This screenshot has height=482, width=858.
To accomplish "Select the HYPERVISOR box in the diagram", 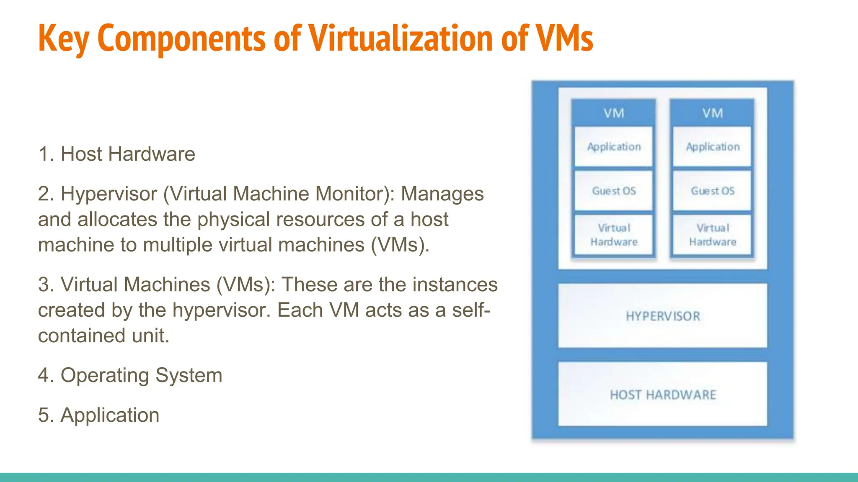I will tap(663, 316).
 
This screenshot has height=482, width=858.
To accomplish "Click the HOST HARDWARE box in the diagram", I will tap(663, 395).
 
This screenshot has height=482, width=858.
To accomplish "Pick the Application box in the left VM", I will tap(614, 147).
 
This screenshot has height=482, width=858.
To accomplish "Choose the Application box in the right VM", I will tap(713, 147).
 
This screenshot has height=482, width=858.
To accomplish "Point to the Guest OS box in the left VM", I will tap(614, 191).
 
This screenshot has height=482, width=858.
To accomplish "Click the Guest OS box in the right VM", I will tap(713, 191).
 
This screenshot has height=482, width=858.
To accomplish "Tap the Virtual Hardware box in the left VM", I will tap(614, 235).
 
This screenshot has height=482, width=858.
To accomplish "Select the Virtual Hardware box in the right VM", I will tap(713, 235).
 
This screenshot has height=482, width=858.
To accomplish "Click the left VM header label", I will tap(614, 113).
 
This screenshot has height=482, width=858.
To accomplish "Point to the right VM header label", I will tap(713, 113).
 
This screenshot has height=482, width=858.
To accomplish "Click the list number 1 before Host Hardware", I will tap(44, 154).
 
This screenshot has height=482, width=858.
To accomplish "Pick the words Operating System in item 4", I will tap(141, 375).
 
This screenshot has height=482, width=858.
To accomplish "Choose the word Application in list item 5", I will tap(110, 415).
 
